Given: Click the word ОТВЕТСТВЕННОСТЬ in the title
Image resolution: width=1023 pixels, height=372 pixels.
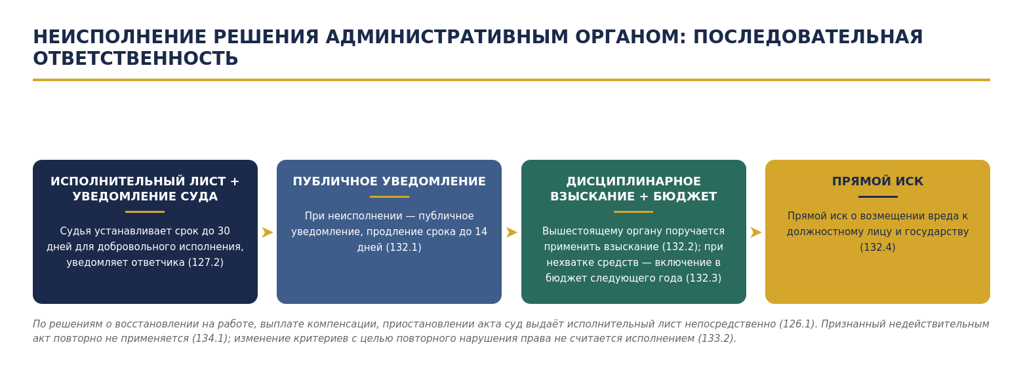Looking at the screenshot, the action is pyautogui.click(x=136, y=59).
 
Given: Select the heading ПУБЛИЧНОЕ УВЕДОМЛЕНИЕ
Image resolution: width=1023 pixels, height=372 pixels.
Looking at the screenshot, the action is pyautogui.click(x=389, y=181).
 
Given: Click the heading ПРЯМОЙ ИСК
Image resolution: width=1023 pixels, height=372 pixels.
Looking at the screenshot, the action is pyautogui.click(x=877, y=181).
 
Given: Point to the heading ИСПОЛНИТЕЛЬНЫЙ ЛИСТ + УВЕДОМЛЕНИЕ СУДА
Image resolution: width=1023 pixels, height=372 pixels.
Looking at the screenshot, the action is pyautogui.click(x=145, y=189).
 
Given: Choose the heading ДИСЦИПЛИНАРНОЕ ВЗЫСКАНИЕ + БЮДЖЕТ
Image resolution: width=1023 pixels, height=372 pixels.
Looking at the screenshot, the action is pyautogui.click(x=633, y=189).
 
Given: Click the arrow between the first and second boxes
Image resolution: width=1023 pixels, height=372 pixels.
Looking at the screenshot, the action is pyautogui.click(x=267, y=232).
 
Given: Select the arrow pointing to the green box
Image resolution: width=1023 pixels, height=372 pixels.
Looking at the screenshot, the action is pyautogui.click(x=511, y=232).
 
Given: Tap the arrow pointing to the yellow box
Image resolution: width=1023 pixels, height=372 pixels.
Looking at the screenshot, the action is pyautogui.click(x=756, y=232).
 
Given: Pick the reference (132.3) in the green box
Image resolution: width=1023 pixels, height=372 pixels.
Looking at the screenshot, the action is pyautogui.click(x=704, y=278).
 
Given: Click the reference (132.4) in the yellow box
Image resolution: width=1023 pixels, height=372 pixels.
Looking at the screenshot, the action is pyautogui.click(x=877, y=248).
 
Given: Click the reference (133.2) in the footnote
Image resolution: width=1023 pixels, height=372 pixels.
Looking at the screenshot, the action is pyautogui.click(x=717, y=339).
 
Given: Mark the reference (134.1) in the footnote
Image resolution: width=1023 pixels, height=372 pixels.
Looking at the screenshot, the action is pyautogui.click(x=211, y=339).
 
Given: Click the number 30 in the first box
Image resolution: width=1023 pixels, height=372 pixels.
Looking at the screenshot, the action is pyautogui.click(x=224, y=231).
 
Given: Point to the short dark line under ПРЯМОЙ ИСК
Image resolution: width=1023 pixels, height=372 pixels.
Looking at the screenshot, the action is pyautogui.click(x=877, y=197).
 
